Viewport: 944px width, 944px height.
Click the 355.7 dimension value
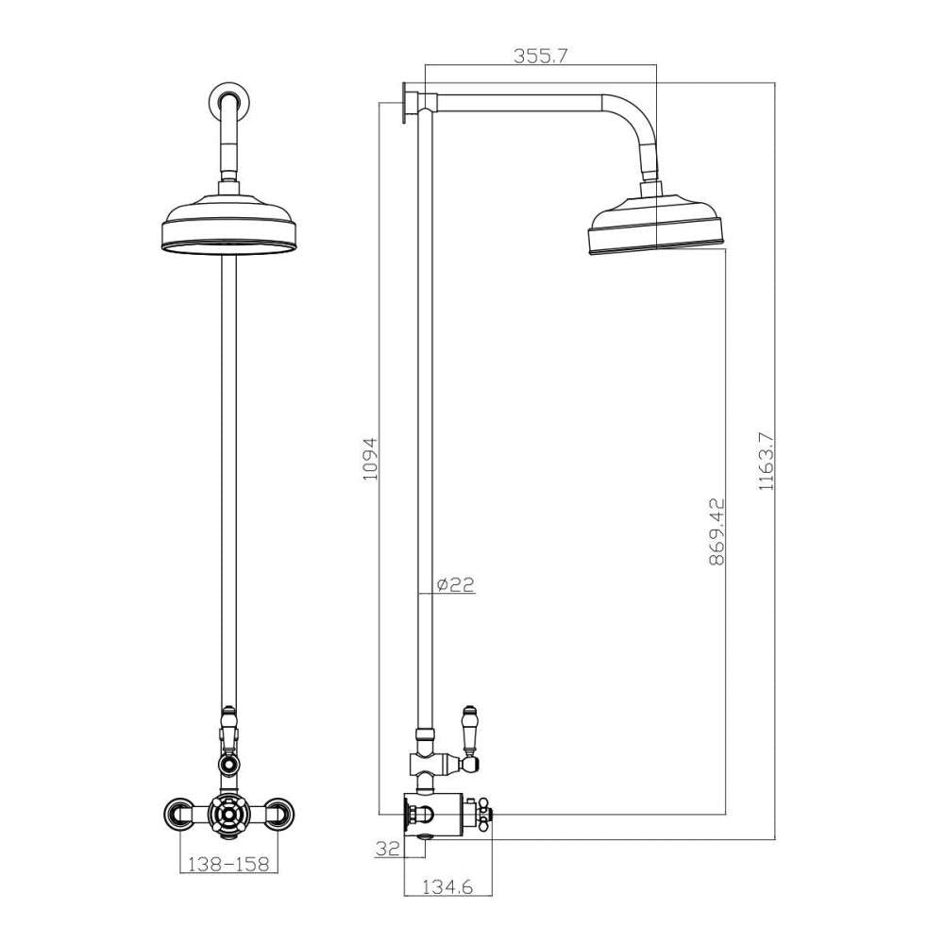pyautogui.click(x=540, y=56)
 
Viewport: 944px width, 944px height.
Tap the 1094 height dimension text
pyautogui.click(x=370, y=459)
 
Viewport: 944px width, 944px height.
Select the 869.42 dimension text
pyautogui.click(x=716, y=531)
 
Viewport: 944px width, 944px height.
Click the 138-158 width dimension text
pyautogui.click(x=228, y=863)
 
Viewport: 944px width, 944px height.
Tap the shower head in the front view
pyautogui.click(x=228, y=227)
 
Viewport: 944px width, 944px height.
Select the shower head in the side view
pyautogui.click(x=657, y=227)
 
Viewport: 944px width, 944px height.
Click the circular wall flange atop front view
pyautogui.click(x=228, y=98)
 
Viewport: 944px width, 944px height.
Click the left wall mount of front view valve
pyautogui.click(x=178, y=812)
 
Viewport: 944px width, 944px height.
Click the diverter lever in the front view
pyautogui.click(x=228, y=732)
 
